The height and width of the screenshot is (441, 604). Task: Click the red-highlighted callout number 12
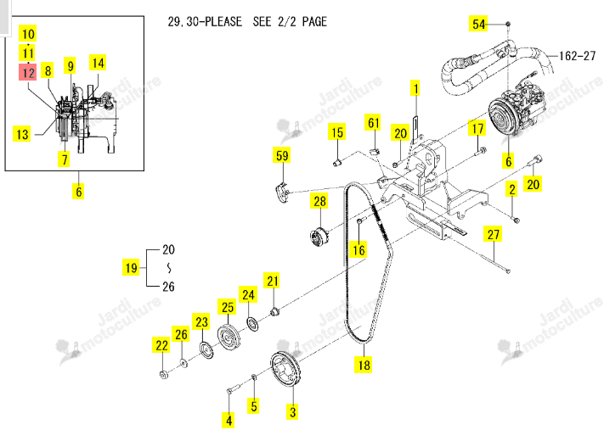pyautogui.click(x=28, y=72)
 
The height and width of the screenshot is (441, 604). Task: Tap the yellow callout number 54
pyautogui.click(x=478, y=24)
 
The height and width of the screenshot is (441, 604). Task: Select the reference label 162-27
pyautogui.click(x=578, y=56)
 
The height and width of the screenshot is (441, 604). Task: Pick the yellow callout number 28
pyautogui.click(x=319, y=201)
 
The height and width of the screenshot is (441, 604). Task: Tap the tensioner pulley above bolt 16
pyautogui.click(x=319, y=236)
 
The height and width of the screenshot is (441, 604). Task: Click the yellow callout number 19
pyautogui.click(x=132, y=268)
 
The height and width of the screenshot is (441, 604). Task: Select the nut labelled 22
pyautogui.click(x=163, y=374)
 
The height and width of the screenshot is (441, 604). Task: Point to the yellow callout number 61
pyautogui.click(x=373, y=123)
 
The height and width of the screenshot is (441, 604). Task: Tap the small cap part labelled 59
pyautogui.click(x=283, y=193)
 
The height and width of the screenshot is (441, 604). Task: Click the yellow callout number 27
pyautogui.click(x=493, y=234)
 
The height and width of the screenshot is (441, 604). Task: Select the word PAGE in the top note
pyautogui.click(x=314, y=21)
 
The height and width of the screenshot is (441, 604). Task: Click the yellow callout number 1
pyautogui.click(x=415, y=88)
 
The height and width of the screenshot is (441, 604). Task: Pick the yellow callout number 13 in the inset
pyautogui.click(x=22, y=134)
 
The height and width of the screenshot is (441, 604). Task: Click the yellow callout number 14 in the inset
pyautogui.click(x=98, y=63)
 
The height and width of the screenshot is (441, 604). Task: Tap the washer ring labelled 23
pyautogui.click(x=206, y=349)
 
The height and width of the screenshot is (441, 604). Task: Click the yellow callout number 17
pyautogui.click(x=477, y=128)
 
